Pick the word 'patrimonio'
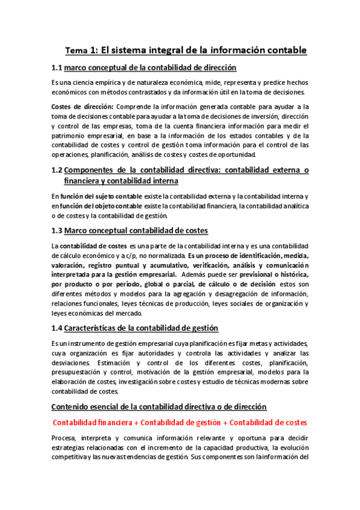69,135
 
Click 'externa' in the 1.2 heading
278,170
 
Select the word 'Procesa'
64,438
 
